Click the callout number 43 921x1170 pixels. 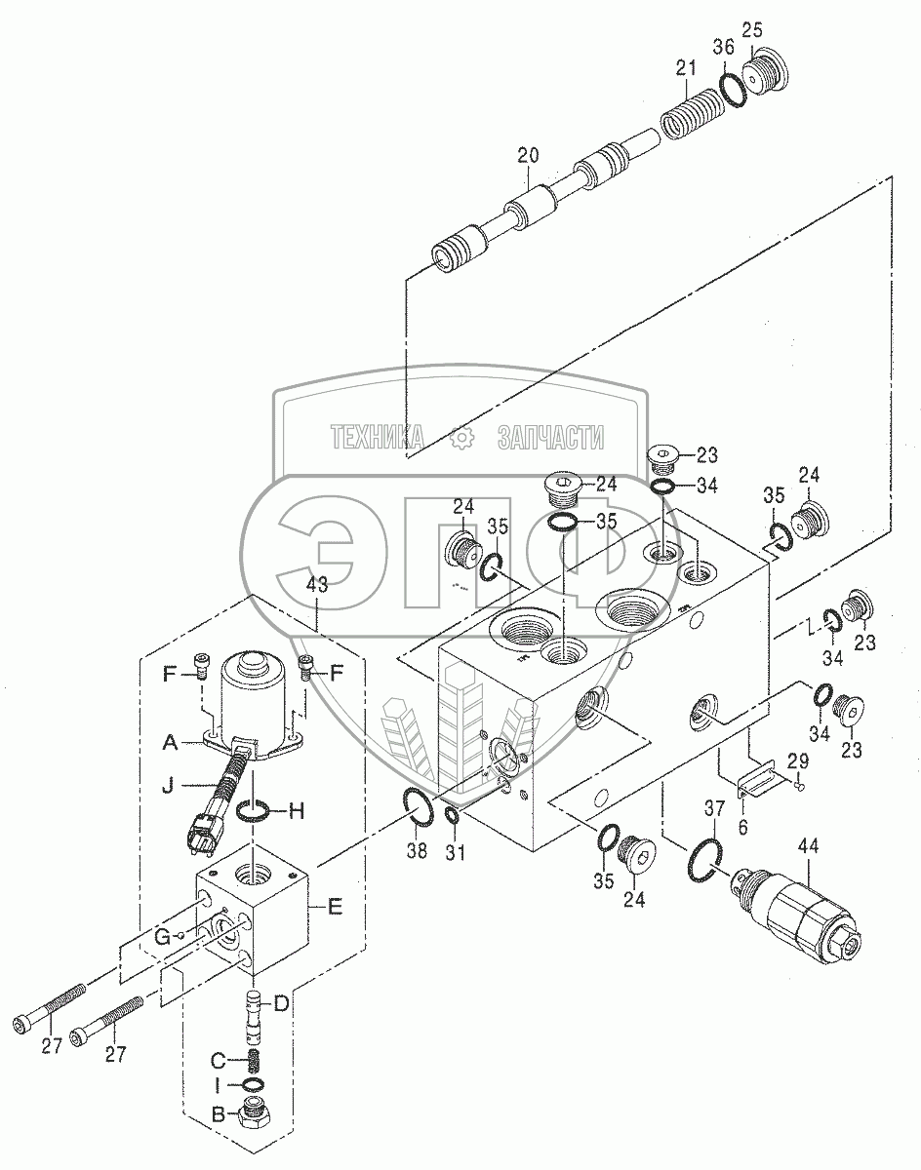pos(317,586)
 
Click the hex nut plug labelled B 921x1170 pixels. pos(255,1113)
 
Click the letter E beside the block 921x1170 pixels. pos(335,907)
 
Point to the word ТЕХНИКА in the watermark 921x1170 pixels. pos(376,439)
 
